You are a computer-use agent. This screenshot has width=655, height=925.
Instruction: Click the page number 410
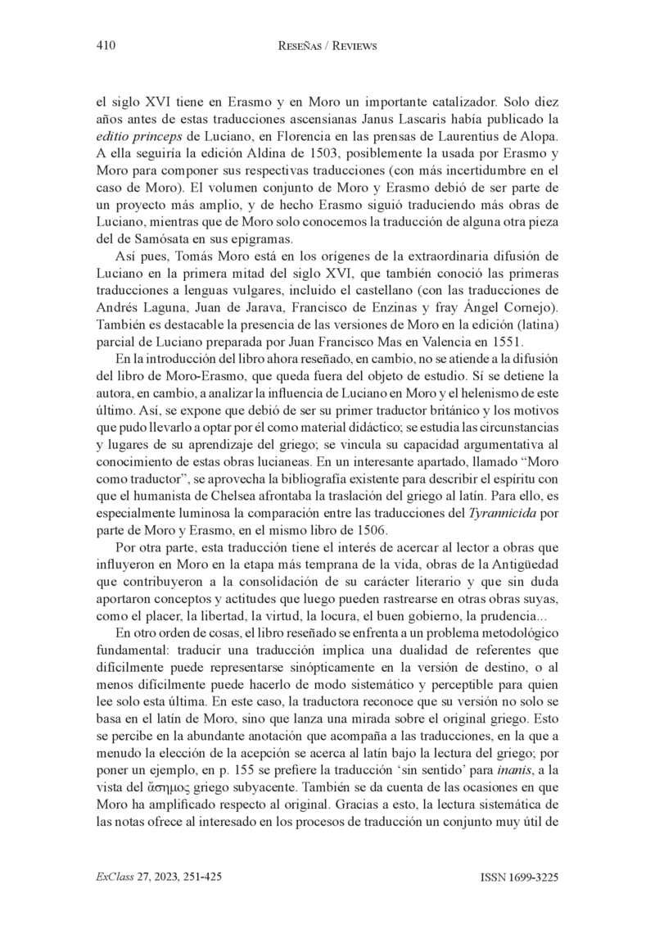(x=105, y=47)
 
